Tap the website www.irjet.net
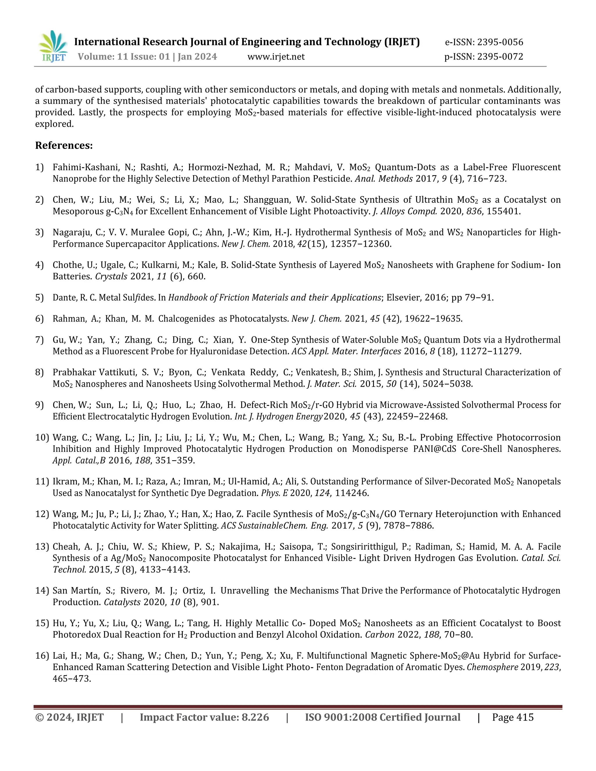(276, 57)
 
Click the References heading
(64, 145)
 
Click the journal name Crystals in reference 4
(111, 276)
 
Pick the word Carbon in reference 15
(379, 635)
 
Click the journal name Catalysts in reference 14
(122, 602)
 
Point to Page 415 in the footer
(513, 717)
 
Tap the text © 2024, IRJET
(69, 717)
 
